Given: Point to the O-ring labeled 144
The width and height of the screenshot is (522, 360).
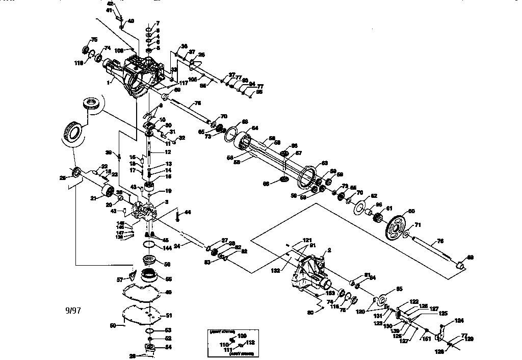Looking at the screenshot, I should click(150, 244).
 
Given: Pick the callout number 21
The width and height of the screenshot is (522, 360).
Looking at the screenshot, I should click(93, 198).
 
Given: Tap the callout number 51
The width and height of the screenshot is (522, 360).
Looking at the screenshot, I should click(169, 316).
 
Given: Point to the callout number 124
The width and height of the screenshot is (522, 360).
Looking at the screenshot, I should click(460, 320).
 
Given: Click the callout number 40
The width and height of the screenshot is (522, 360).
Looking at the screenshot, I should click(131, 21).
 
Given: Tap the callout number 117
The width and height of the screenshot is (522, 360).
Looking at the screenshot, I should click(183, 83).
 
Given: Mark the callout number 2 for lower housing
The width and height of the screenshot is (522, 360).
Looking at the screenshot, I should click(329, 250).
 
